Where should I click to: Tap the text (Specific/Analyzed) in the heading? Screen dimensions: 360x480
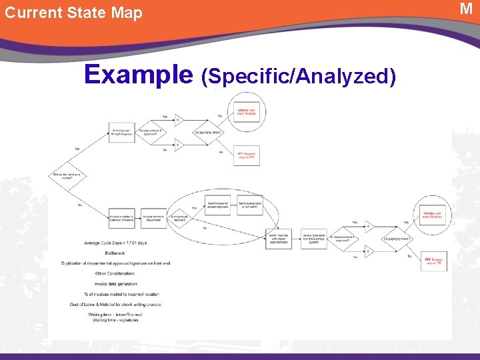(x=298, y=77)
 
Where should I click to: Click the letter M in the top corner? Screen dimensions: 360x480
(x=466, y=9)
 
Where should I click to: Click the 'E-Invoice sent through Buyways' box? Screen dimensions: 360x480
(x=122, y=133)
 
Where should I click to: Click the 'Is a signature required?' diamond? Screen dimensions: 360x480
(x=179, y=217)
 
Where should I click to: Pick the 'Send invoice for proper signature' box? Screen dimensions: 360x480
(x=218, y=204)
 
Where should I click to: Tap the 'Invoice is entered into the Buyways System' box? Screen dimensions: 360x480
(x=314, y=238)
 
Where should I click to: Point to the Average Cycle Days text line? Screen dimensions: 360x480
(x=115, y=243)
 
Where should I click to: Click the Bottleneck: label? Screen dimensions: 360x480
(x=116, y=253)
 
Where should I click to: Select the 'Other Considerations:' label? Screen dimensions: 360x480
(x=115, y=273)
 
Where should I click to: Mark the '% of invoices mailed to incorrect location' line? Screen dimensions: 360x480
(x=115, y=294)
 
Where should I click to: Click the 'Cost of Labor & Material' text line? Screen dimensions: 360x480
(x=115, y=304)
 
